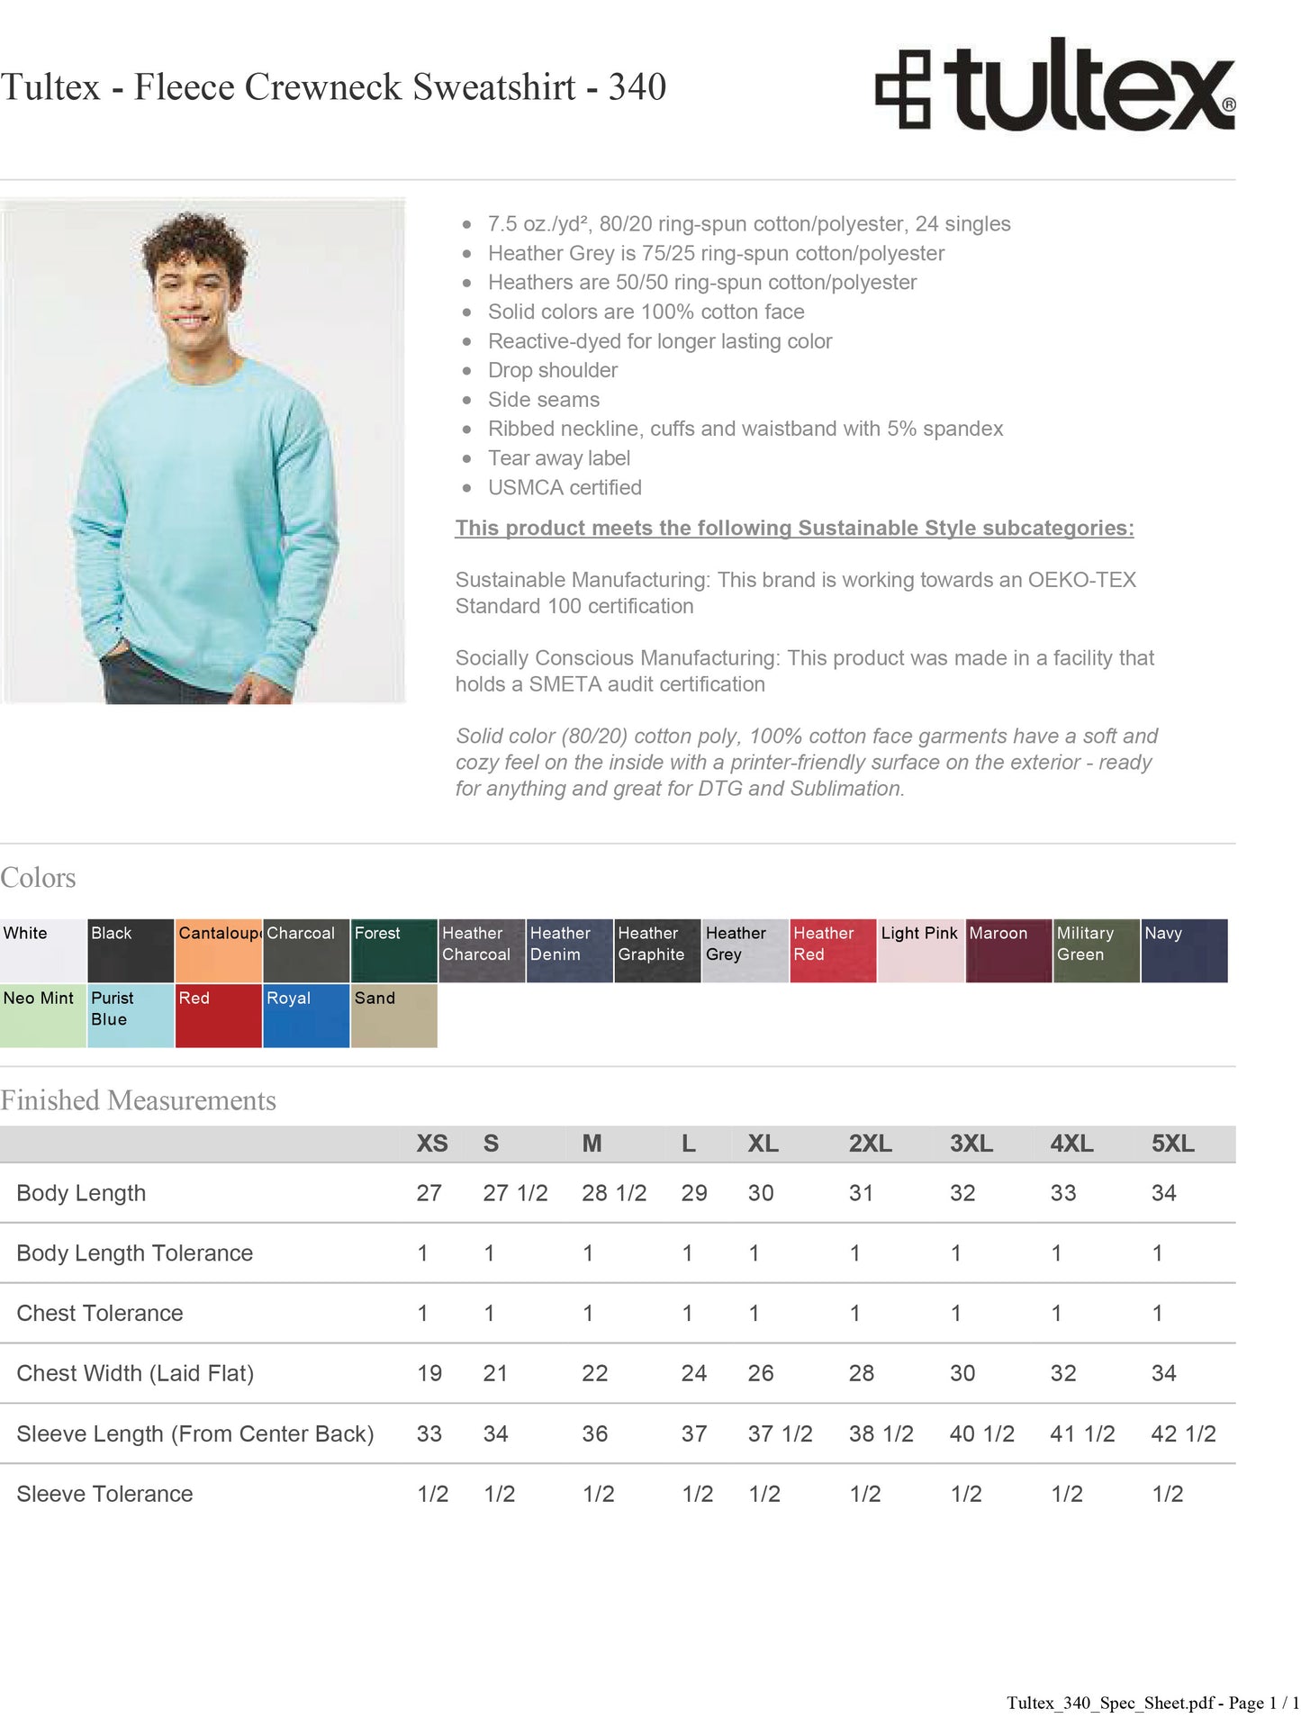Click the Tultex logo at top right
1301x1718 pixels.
point(1054,86)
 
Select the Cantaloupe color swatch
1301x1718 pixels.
point(219,950)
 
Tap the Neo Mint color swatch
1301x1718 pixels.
point(42,1015)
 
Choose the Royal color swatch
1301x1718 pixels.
point(306,1015)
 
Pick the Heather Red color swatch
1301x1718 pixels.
point(833,950)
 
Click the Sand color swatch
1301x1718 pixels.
point(393,1015)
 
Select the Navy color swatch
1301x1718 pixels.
point(1184,950)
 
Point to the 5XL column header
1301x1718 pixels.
point(1172,1144)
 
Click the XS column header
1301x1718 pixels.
point(431,1144)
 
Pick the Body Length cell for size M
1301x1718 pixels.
point(613,1193)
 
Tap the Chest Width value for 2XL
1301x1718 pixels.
point(861,1373)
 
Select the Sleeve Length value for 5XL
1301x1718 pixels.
point(1182,1433)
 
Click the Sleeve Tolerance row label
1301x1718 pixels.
point(104,1494)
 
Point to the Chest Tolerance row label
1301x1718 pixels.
point(99,1313)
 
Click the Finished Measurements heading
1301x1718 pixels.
point(138,1100)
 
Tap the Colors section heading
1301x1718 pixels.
point(38,878)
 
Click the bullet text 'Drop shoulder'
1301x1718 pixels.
point(552,370)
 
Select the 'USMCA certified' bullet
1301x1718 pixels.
point(565,487)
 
